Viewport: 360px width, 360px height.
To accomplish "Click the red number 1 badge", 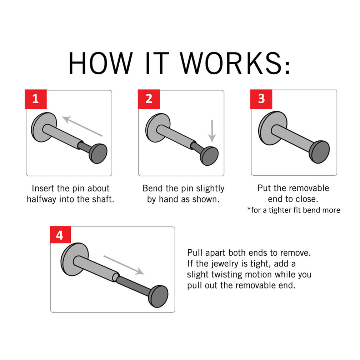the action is (x=36, y=99).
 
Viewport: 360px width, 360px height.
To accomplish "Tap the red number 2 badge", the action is (x=149, y=99).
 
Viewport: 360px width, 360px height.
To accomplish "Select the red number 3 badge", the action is (x=261, y=99).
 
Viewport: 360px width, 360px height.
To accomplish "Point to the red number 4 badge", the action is (x=60, y=235).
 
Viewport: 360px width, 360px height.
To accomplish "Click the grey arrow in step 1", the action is (x=82, y=126).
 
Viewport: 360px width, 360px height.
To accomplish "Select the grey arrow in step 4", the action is (x=124, y=265).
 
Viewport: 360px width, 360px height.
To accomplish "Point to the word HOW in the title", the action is (x=101, y=63).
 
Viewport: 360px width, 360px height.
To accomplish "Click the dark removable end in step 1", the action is (x=98, y=153).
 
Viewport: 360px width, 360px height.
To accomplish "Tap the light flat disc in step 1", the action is (x=44, y=127).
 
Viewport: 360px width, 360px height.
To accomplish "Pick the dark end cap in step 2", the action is (x=209, y=156).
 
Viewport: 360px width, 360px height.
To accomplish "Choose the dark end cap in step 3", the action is (x=319, y=152).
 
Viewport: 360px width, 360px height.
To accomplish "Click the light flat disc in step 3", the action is (x=272, y=128).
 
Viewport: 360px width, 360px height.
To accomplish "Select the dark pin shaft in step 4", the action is (x=134, y=286).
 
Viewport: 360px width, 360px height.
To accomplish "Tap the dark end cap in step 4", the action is (x=159, y=296).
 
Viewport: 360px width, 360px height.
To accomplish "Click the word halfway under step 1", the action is (x=42, y=199).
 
